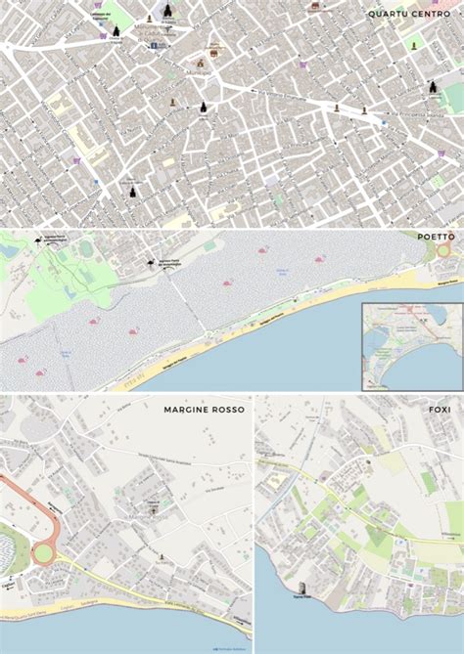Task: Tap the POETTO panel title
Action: coord(436,237)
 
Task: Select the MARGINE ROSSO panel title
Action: coord(204,409)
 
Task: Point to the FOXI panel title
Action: coord(440,409)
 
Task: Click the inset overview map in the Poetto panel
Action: coord(411,346)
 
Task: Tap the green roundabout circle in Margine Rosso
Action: coord(43,553)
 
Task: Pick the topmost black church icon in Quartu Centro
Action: coord(167,10)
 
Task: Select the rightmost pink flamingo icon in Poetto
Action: coord(320,259)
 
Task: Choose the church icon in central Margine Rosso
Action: coord(152,508)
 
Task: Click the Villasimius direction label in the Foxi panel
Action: coord(449,533)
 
